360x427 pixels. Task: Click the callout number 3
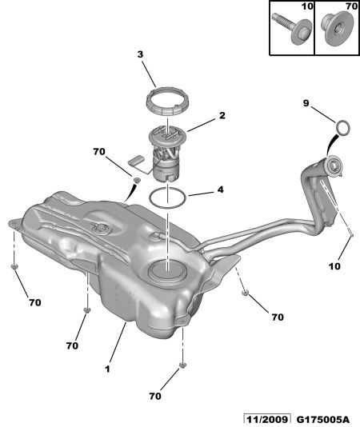140,54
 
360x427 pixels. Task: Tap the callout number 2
222,115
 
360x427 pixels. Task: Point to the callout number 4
221,190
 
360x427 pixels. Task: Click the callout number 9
306,103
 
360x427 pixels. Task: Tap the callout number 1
108,369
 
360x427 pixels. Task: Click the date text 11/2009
267,419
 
